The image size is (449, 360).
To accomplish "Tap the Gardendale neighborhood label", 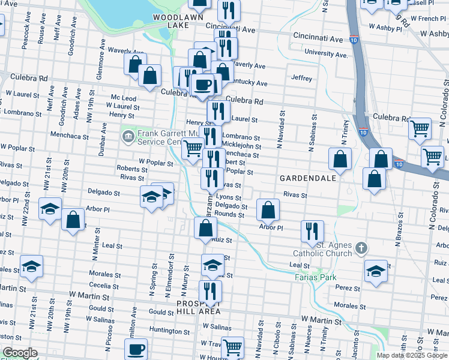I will (305, 179).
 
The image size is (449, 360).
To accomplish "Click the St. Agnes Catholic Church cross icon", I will (361, 248).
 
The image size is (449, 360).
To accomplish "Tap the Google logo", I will (20, 352).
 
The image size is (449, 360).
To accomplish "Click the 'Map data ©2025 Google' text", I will (412, 355).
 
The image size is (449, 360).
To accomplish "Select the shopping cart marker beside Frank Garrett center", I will (192, 148).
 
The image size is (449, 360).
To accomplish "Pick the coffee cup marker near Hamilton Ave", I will (136, 348).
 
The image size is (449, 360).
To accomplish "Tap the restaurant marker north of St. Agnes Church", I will (312, 230).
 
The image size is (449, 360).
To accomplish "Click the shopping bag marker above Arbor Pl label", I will (268, 209).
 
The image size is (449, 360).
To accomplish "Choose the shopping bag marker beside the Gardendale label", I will (340, 159).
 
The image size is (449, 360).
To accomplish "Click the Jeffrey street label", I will (301, 78).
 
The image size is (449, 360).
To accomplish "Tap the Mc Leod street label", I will (123, 98).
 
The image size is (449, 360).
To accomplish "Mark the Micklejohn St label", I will (241, 146).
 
